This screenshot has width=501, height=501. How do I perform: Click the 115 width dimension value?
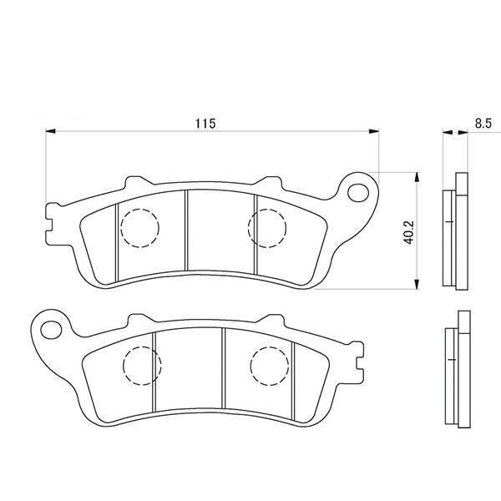click(x=206, y=124)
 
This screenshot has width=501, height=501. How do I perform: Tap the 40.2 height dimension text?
click(x=407, y=231)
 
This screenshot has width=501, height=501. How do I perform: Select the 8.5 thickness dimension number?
click(x=482, y=124)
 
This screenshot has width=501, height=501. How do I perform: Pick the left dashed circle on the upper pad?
click(x=139, y=226)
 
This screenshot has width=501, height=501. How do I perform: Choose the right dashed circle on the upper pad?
click(x=269, y=226)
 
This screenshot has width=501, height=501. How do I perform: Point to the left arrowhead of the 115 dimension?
click(x=48, y=131)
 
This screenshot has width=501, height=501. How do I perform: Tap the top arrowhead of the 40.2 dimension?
click(x=415, y=176)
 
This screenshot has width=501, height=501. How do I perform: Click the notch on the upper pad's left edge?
click(x=48, y=225)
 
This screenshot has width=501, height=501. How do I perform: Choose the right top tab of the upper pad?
click(x=271, y=182)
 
